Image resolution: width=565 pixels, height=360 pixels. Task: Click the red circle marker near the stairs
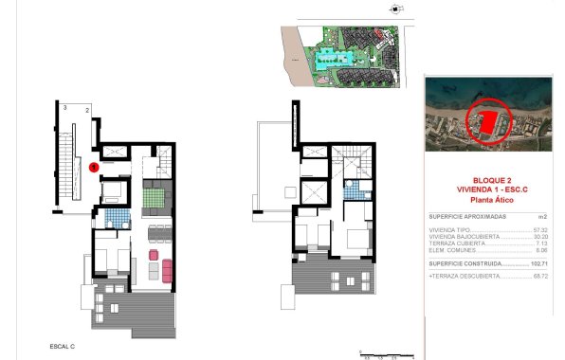click(93, 167)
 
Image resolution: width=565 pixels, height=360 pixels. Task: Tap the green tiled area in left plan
click(155, 199)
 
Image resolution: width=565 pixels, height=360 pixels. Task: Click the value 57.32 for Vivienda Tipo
click(541, 229)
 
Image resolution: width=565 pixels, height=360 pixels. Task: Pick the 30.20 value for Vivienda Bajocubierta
click(541, 236)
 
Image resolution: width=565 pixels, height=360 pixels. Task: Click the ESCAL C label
click(63, 347)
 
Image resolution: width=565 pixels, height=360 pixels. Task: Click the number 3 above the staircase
click(64, 109)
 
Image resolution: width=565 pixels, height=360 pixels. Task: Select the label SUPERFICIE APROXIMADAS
click(467, 216)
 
